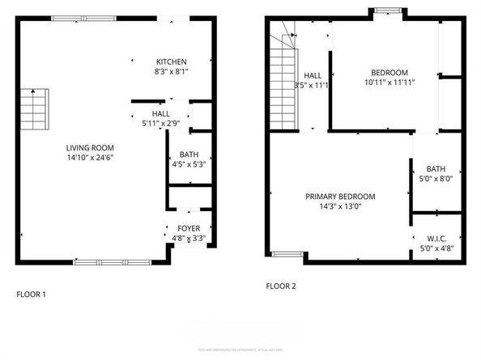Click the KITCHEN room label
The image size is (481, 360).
pos(172,61)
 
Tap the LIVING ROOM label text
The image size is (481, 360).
pos(90,148)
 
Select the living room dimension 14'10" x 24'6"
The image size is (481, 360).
pos(90,158)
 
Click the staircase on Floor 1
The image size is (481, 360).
pos(35,106)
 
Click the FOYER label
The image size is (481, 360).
pos(188,229)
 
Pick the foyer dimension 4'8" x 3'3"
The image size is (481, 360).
pos(188,239)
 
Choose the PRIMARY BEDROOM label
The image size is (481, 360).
pos(340,197)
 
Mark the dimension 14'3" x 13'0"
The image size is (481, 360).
pos(340,206)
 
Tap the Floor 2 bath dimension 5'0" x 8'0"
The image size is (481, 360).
pos(436,179)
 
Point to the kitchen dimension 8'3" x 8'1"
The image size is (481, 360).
pos(172,71)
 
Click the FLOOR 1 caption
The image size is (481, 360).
pos(32,294)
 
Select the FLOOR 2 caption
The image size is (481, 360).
pos(281,286)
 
